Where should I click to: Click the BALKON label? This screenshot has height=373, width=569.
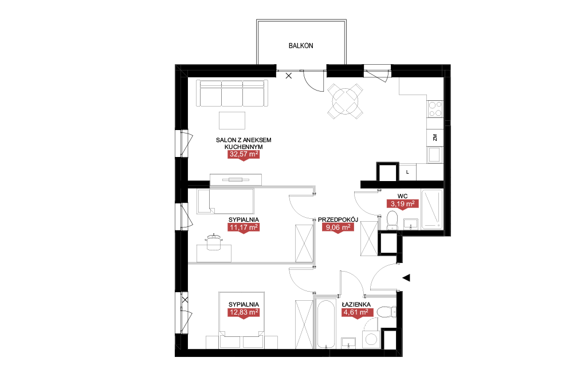(301, 46)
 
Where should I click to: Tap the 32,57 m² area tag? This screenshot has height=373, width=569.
(244, 154)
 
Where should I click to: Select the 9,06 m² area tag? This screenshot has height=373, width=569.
(338, 227)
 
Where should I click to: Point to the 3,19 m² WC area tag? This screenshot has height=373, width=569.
(402, 204)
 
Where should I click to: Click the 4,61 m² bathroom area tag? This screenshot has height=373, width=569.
(358, 312)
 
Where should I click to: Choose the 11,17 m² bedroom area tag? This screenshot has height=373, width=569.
(244, 227)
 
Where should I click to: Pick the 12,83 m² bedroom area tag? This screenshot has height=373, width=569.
(244, 312)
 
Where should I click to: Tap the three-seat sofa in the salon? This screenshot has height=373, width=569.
(232, 93)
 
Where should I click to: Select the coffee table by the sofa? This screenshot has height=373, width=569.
(232, 120)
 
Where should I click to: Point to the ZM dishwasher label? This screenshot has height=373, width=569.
(435, 138)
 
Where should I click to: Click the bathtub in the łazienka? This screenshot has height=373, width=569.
(325, 324)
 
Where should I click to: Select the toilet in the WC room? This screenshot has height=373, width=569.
(393, 220)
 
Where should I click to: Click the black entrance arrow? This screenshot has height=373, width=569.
(406, 277)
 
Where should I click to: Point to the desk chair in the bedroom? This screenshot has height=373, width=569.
(214, 242)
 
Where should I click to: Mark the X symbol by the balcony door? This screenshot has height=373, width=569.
(289, 76)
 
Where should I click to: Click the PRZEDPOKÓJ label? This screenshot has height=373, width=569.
(338, 219)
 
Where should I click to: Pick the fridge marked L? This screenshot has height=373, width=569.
(407, 172)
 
